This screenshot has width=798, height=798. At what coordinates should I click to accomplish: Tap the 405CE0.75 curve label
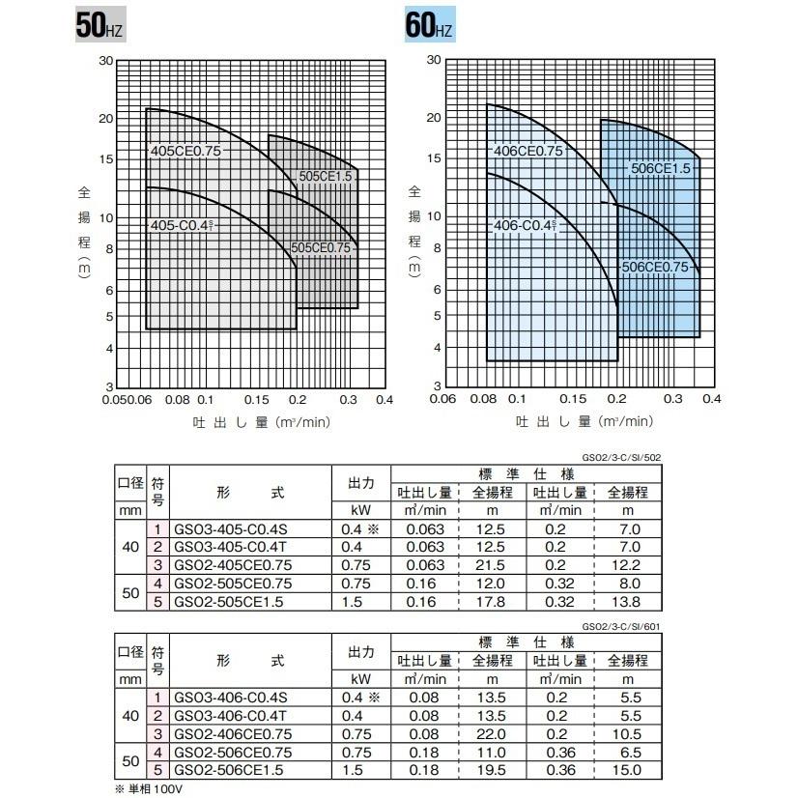(186, 151)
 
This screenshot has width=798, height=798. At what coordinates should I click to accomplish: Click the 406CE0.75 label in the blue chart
(527, 151)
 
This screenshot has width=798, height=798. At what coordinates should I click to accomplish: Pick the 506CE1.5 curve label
(660, 169)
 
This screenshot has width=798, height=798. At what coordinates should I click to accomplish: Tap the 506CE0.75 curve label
(661, 267)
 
